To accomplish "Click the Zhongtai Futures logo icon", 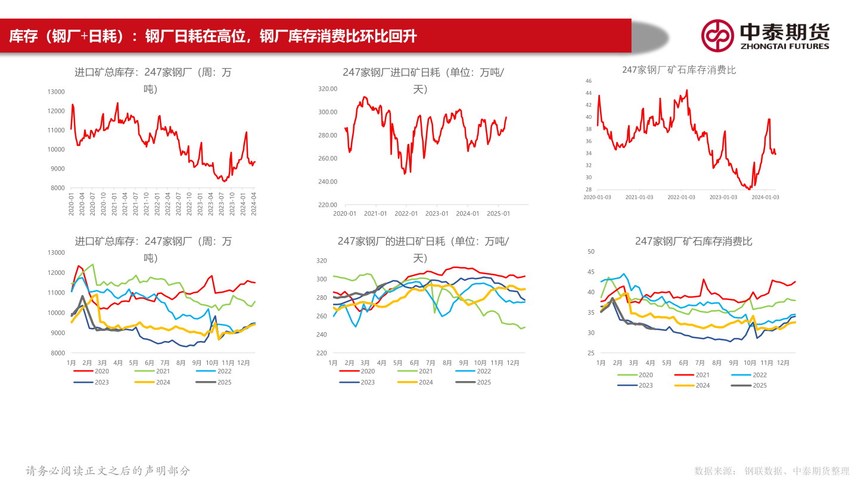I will click(717, 35).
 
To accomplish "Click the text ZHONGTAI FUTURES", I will click(784, 46).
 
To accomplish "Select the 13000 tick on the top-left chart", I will click(56, 92).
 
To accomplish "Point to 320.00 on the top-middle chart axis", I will click(328, 89).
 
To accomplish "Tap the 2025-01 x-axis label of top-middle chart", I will click(498, 213).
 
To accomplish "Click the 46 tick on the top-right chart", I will click(588, 80).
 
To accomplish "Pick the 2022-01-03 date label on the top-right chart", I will click(681, 197).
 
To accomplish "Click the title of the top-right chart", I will click(679, 70).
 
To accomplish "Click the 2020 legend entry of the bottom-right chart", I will click(645, 375).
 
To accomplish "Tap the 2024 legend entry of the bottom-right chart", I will click(702, 385).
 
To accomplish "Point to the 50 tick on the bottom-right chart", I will click(591, 252).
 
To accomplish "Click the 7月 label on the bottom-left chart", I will click(165, 363).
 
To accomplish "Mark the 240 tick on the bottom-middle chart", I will click(322, 335).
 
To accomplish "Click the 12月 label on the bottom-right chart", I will click(783, 363).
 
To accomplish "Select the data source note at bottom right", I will click(772, 471).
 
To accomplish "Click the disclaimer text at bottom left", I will click(108, 471).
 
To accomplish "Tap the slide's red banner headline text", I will click(213, 37).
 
